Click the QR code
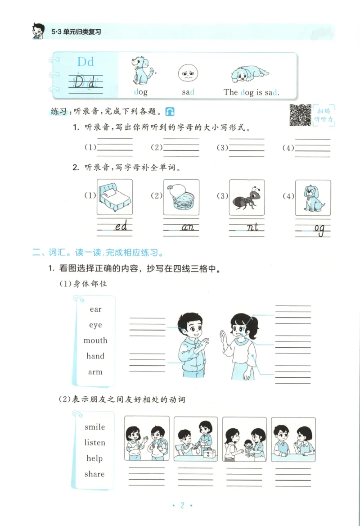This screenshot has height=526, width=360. (x=300, y=115)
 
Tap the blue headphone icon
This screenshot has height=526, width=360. (x=170, y=111)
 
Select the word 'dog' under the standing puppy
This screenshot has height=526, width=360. (x=141, y=92)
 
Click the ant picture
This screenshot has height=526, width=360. (x=247, y=197)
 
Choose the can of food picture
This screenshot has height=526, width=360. (x=181, y=197)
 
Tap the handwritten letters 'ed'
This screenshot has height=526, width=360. (x=121, y=227)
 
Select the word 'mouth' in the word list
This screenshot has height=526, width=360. (x=95, y=340)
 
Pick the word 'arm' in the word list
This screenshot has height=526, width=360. (x=95, y=372)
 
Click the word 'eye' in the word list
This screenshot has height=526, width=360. (x=95, y=325)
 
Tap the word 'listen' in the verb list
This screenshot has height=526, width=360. (x=94, y=443)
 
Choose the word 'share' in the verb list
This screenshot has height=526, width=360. (x=94, y=474)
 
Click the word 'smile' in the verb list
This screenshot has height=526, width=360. (x=94, y=427)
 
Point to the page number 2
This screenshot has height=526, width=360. (x=182, y=505)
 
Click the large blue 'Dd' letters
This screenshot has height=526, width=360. (x=85, y=61)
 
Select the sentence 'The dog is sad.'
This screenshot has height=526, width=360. (x=251, y=92)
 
